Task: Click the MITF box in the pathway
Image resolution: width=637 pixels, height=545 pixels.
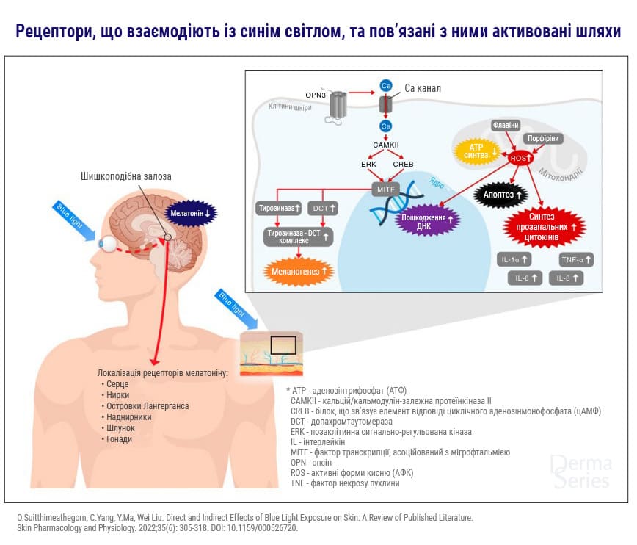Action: coord(386,190)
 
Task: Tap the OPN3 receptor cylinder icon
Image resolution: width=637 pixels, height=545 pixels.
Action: coord(338,104)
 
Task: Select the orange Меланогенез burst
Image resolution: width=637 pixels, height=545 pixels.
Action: coord(298,271)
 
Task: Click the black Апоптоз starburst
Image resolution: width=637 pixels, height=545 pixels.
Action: coord(500,195)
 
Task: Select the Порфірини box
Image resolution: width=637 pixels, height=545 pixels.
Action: coord(542,138)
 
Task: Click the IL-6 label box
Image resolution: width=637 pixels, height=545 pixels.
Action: coord(525,278)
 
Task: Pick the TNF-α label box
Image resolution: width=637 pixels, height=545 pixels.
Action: coord(575,259)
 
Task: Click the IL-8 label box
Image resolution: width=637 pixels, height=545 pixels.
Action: coord(566,278)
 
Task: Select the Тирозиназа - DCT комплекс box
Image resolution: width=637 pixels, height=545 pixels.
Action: coord(298,237)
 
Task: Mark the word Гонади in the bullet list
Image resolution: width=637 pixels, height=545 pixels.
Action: coord(120,439)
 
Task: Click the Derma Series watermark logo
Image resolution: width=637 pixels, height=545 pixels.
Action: coord(580,472)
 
